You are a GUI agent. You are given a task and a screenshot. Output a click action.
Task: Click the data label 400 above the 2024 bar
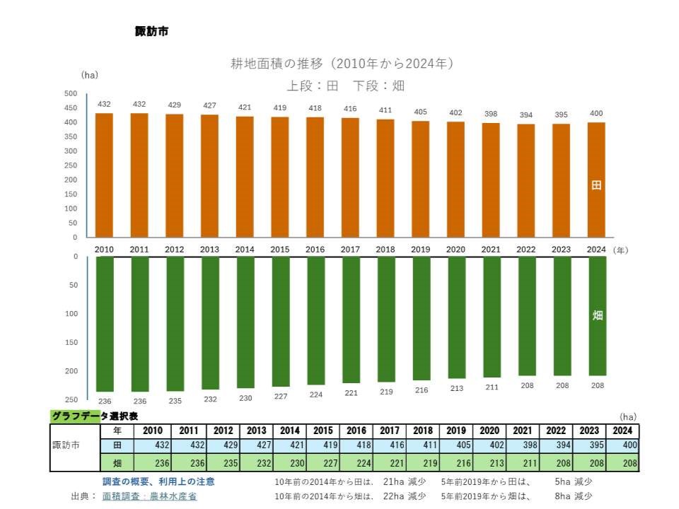pyautogui.click(x=596, y=113)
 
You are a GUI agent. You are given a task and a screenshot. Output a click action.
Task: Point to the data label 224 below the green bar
pyautogui.click(x=315, y=394)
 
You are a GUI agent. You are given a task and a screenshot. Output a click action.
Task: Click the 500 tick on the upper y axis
pyautogui.click(x=71, y=93)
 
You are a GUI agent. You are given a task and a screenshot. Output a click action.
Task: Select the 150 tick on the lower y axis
pyautogui.click(x=72, y=342)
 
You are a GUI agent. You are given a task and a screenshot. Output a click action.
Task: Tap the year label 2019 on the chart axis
pyautogui.click(x=420, y=250)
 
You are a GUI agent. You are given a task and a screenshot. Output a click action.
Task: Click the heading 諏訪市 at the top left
pyautogui.click(x=151, y=31)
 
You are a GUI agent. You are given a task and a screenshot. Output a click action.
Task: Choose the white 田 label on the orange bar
pyautogui.click(x=596, y=185)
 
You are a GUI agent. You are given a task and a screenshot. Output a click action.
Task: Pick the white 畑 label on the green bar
pyautogui.click(x=597, y=315)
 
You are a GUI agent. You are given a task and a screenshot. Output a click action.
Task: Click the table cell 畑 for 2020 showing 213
pyautogui.click(x=489, y=463)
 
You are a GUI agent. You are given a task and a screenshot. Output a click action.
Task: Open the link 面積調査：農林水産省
pyautogui.click(x=149, y=496)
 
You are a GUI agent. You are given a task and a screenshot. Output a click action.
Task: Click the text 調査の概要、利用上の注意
pyautogui.click(x=159, y=481)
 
